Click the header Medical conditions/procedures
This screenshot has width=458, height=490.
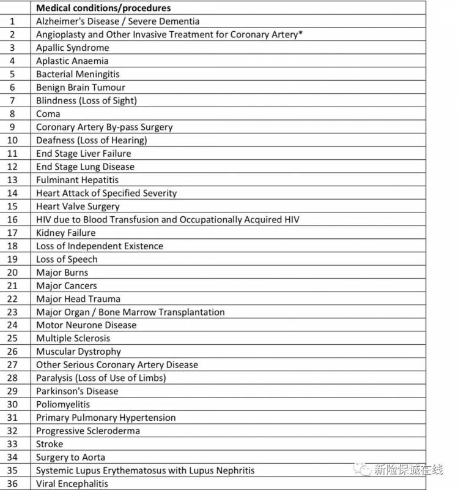[103, 8]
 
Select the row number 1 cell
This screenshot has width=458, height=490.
[12, 21]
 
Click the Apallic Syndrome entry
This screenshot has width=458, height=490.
[72, 48]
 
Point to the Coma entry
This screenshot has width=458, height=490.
[48, 114]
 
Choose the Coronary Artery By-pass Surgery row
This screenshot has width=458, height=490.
[104, 127]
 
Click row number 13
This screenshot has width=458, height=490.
[12, 180]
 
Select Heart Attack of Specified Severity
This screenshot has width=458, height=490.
[106, 193]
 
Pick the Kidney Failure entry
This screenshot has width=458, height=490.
[65, 233]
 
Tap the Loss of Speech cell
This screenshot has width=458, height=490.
[67, 259]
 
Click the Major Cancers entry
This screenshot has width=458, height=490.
[66, 285]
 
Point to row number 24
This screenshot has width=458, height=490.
[12, 325]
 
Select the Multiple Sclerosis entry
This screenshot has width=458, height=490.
[73, 338]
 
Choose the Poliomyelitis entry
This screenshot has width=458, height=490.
[63, 404]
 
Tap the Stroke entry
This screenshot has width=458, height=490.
[50, 444]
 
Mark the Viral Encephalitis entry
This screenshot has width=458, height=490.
[72, 484]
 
